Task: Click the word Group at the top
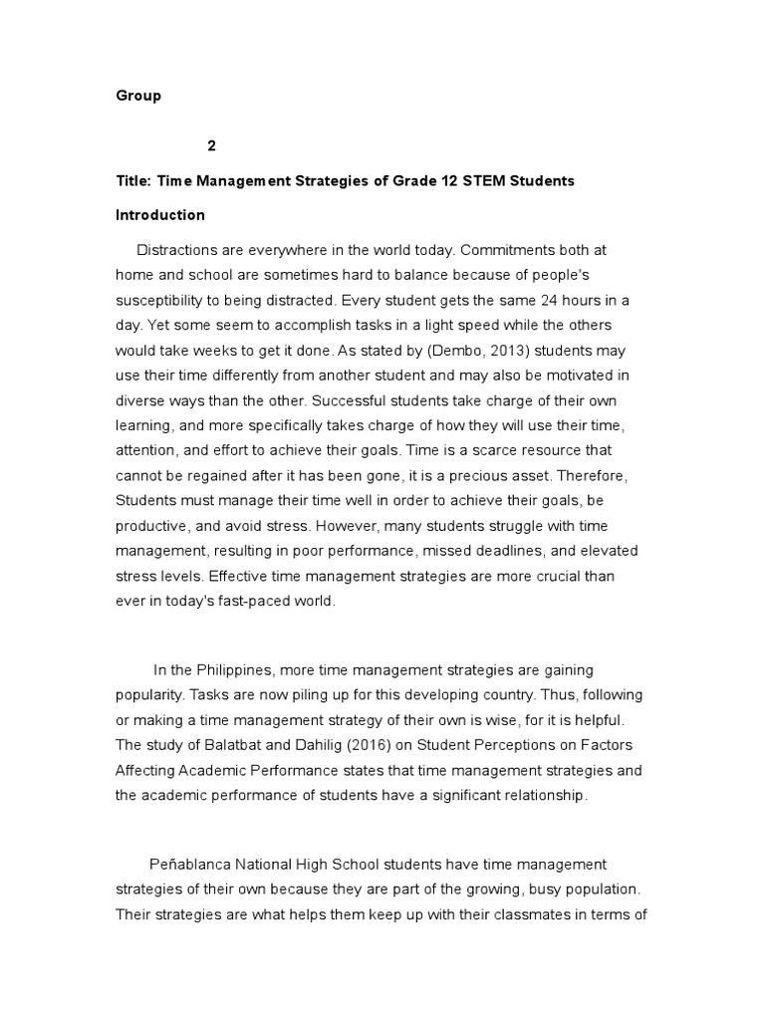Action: coord(138,97)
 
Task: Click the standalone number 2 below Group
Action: coord(211,145)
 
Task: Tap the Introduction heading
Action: coord(160,215)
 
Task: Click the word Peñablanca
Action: coord(193,864)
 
